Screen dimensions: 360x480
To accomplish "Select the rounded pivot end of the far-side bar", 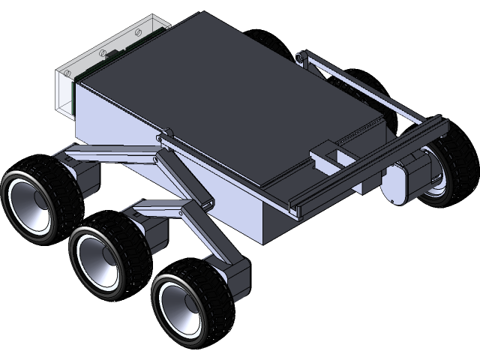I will click(x=301, y=57).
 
